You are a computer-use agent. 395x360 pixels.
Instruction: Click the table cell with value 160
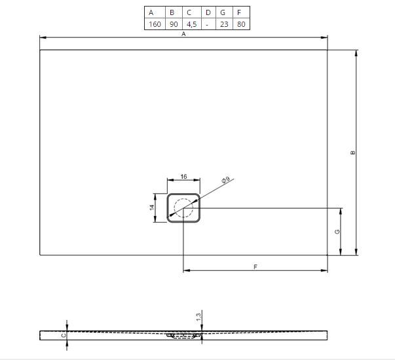pyautogui.click(x=155, y=24)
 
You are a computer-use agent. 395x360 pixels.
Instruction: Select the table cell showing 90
pyautogui.click(x=174, y=24)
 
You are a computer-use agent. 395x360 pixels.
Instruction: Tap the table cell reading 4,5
pyautogui.click(x=191, y=24)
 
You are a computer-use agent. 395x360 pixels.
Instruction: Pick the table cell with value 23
pyautogui.click(x=224, y=24)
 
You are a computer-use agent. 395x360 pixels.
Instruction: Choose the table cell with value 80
pyautogui.click(x=241, y=24)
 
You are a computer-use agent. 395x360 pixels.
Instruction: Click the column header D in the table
pyautogui.click(x=208, y=12)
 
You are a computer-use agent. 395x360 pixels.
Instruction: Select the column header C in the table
pyautogui.click(x=189, y=12)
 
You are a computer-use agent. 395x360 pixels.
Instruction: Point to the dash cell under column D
pyautogui.click(x=207, y=25)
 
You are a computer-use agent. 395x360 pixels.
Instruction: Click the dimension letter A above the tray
pyautogui.click(x=183, y=34)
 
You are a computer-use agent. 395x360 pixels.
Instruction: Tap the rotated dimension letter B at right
pyautogui.click(x=352, y=153)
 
